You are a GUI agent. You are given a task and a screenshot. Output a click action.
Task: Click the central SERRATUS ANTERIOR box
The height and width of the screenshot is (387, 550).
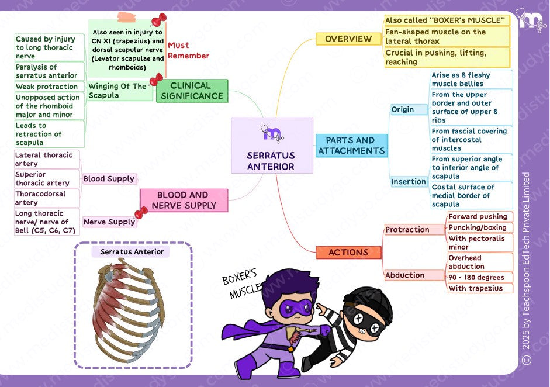pyautogui.click(x=272, y=145)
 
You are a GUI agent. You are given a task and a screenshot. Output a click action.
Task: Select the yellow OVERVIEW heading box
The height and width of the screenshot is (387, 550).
pyautogui.click(x=348, y=39)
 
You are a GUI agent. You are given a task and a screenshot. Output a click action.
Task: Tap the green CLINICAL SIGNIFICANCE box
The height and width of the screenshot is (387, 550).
pyautogui.click(x=192, y=91)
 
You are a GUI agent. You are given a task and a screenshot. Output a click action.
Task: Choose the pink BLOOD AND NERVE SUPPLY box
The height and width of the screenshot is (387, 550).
pyautogui.click(x=184, y=200)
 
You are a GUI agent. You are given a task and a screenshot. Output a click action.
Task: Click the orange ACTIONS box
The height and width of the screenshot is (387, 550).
pyautogui.click(x=348, y=253)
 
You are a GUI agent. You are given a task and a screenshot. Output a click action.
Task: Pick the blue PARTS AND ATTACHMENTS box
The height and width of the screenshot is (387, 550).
pyautogui.click(x=351, y=145)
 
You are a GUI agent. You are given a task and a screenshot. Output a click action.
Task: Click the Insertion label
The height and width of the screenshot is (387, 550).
pyautogui.click(x=409, y=181)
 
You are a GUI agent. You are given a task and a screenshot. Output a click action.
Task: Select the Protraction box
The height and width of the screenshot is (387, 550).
pyautogui.click(x=414, y=230)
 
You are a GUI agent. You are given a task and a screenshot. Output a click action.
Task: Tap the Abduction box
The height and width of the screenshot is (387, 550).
pyautogui.click(x=414, y=275)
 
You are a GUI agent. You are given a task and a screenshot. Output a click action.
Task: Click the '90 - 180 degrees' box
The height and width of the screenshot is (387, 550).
pyautogui.click(x=480, y=277)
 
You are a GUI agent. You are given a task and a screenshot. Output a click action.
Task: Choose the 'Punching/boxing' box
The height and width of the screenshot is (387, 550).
pyautogui.click(x=480, y=227)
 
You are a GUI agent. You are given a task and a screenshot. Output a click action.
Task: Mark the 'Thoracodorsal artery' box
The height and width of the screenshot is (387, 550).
pyautogui.click(x=47, y=198)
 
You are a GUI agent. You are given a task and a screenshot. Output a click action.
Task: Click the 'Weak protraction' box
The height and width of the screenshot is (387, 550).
pyautogui.click(x=50, y=87)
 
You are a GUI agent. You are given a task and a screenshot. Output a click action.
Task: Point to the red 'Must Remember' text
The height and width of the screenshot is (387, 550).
pyautogui.click(x=188, y=50)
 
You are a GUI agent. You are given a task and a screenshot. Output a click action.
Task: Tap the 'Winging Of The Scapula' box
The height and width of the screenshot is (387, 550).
pyautogui.click(x=120, y=91)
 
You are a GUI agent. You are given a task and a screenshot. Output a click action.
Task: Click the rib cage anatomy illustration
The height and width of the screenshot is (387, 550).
pyautogui.click(x=129, y=310)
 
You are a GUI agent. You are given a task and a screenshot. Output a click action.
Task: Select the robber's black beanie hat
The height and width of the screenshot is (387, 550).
pyautogui.click(x=368, y=301)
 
